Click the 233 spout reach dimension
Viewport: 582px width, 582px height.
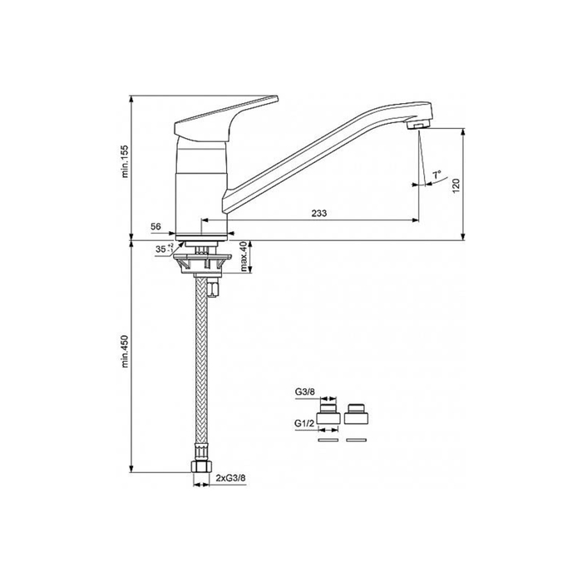[319, 213]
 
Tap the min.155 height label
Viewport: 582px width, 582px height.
[125, 161]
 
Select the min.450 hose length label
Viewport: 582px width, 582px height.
[125, 351]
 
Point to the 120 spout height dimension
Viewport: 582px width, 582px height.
[456, 185]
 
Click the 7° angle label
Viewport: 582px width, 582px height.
[436, 174]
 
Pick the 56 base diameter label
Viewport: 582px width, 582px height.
[156, 226]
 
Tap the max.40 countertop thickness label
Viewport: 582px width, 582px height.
[243, 256]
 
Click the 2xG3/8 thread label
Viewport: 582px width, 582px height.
[230, 478]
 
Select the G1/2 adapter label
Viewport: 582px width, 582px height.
[304, 422]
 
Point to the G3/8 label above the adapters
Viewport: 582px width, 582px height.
[305, 392]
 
